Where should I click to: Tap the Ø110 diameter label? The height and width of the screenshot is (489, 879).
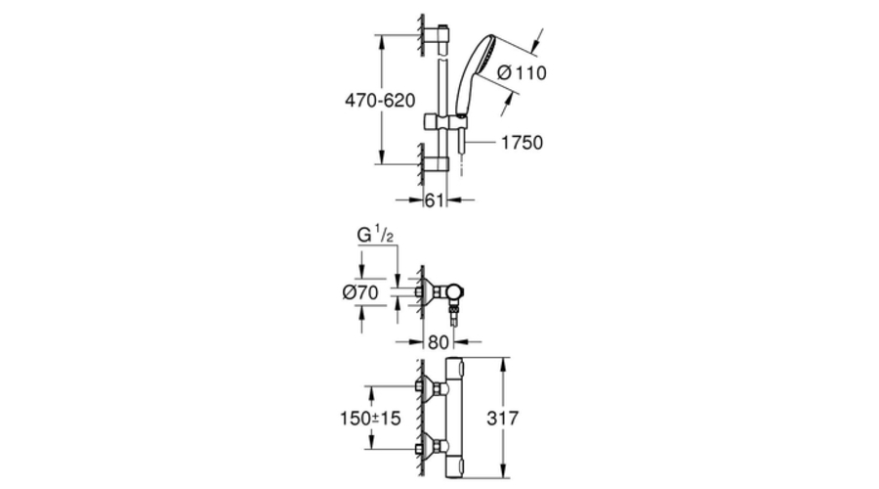tap(522, 73)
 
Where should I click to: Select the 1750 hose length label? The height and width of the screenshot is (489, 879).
tap(521, 142)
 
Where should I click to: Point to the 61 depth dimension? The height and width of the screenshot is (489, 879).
tap(436, 200)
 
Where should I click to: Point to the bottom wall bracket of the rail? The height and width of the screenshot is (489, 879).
tap(439, 161)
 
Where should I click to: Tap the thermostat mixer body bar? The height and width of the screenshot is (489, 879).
tap(457, 418)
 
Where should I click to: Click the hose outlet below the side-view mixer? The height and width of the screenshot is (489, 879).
tap(455, 315)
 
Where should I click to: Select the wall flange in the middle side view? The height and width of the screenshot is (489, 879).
tap(426, 290)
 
